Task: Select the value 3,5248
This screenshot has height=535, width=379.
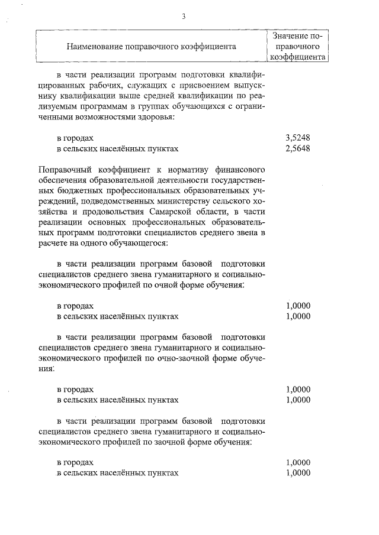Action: [298, 138]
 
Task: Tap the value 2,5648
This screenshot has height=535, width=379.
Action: [298, 148]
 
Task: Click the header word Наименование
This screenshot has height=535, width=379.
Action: [94, 46]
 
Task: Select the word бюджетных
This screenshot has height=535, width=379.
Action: [69, 190]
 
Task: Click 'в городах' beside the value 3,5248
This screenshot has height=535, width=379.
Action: [75, 138]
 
